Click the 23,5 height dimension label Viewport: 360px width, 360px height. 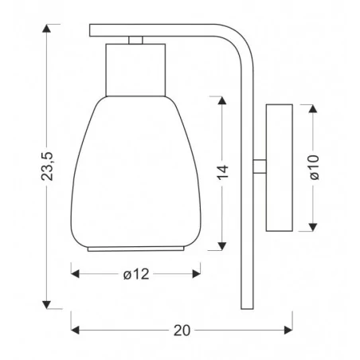pyautogui.click(x=48, y=166)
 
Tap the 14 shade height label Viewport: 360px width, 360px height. pyautogui.click(x=222, y=172)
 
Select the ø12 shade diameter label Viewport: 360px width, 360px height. pyautogui.click(x=136, y=274)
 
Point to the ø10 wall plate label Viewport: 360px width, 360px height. pyautogui.click(x=314, y=167)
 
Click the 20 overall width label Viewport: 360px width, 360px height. pyautogui.click(x=182, y=331)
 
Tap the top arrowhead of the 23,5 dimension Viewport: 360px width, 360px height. pyautogui.click(x=46, y=28)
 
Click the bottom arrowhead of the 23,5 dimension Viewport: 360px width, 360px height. pyautogui.click(x=46, y=305)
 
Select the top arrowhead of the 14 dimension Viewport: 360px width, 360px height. pyautogui.click(x=222, y=100)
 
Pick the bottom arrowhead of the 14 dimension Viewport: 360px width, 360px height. pyautogui.click(x=222, y=246)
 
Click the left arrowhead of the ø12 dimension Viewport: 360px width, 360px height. pyautogui.click(x=75, y=274)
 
